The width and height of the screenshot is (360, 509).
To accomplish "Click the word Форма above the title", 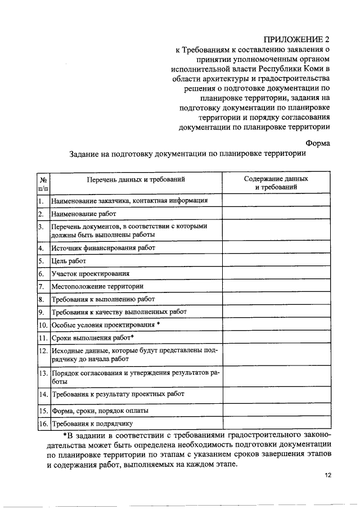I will tap(317, 143).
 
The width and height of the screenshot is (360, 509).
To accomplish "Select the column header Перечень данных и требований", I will tap(136, 179).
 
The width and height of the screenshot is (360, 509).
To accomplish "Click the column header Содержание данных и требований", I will tap(276, 183).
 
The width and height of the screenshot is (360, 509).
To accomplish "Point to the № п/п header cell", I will tap(43, 183).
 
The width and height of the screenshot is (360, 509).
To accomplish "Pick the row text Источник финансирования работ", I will tap(103, 247).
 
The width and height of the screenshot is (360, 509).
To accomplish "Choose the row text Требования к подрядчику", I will tap(92, 424).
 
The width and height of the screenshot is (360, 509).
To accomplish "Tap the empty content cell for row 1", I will tap(276, 200).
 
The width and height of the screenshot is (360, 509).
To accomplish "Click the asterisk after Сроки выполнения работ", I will tap(132, 337).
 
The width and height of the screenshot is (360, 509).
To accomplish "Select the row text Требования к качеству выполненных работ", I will tap(119, 312).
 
